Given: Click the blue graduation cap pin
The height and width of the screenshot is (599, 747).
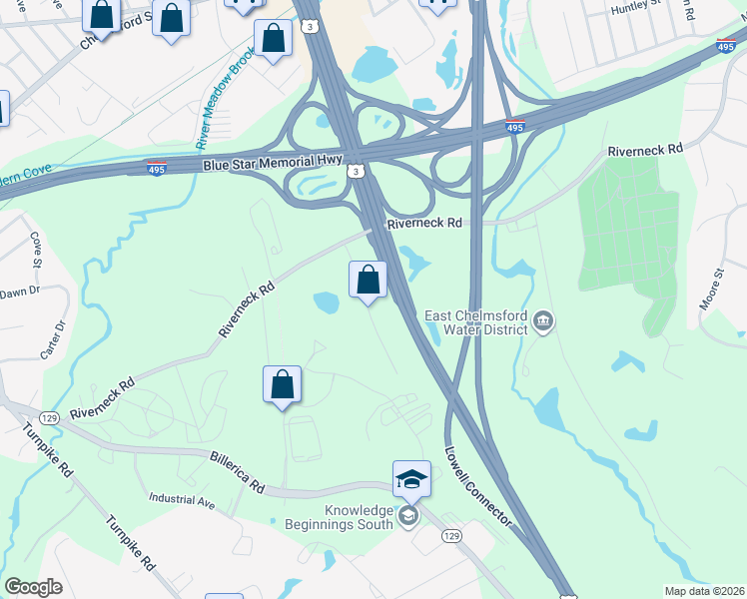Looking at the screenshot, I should point(411,480).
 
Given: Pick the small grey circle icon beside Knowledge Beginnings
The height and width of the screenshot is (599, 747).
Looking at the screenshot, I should point(407,516).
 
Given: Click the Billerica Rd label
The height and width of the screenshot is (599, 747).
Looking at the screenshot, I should point(237,472).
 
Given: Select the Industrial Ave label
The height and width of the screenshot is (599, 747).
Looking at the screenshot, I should point(182,499).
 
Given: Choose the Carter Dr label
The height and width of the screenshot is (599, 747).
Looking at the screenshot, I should point(59,340).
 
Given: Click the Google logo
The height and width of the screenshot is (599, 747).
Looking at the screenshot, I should point(34,587).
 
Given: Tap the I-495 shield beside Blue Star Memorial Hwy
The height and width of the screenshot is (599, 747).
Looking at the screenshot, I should point(157,168).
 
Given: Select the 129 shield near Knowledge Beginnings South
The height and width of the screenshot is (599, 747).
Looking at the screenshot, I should point(451,536).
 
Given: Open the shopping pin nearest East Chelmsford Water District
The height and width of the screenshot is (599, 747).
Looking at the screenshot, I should point(369,279).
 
